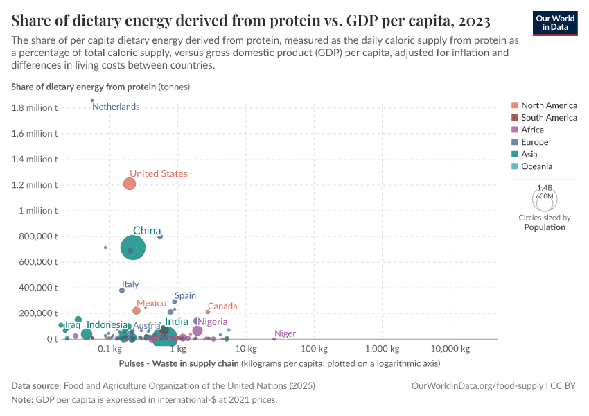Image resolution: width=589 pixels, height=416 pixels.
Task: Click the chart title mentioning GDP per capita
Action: click(251, 20)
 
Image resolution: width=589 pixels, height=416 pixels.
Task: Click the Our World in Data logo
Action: click(555, 22)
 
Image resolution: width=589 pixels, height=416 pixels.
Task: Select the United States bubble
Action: click(129, 184)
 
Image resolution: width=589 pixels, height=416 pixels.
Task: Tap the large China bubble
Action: click(133, 247)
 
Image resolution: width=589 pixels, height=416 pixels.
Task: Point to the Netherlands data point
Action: click(92, 101)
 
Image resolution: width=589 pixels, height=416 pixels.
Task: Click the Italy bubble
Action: click(122, 291)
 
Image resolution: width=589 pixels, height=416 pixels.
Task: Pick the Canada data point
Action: click(208, 312)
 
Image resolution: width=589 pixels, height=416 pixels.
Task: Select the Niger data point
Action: click(274, 339)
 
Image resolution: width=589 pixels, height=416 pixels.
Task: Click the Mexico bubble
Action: click(137, 311)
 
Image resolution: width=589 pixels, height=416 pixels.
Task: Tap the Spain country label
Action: click(185, 295)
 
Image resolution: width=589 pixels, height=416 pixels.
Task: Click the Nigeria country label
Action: click(213, 322)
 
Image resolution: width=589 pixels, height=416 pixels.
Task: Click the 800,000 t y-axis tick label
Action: click(33, 236)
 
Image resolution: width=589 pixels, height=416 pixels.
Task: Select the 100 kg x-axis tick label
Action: click(313, 348)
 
